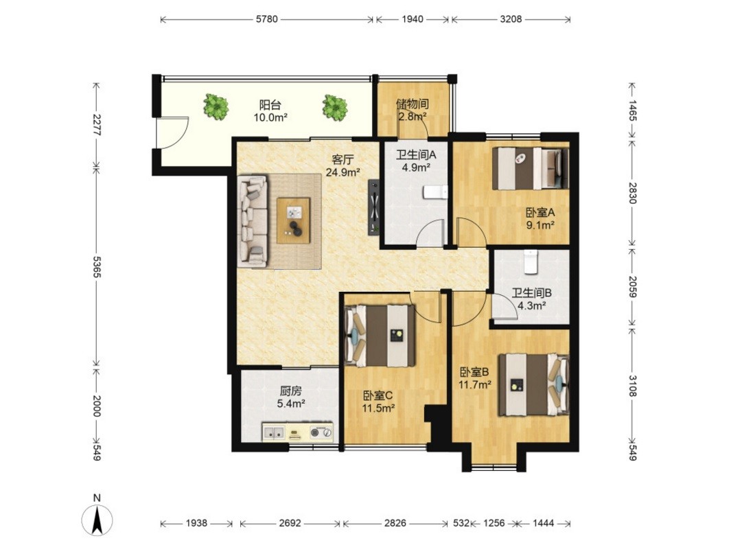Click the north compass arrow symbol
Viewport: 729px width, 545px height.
coord(97,519)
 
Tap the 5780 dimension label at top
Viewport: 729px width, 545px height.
coord(266,19)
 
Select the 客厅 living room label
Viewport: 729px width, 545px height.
coord(343,160)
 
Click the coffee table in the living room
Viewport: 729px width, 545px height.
coord(293,220)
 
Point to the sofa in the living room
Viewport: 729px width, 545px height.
coord(252,221)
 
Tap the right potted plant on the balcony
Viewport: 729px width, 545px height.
coord(335,107)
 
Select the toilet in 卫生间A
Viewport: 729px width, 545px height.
coord(435,192)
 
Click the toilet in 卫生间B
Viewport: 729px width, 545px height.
coord(531,262)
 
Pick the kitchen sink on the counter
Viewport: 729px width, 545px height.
coord(275,433)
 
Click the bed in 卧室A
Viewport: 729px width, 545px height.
coord(531,168)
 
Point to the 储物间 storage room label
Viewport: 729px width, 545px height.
coord(413,104)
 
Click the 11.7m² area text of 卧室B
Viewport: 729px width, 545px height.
coord(475,384)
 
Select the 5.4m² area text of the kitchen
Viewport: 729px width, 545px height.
coord(291,404)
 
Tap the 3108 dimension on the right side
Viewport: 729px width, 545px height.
coord(632,386)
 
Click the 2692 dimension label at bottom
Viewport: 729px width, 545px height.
coord(290,523)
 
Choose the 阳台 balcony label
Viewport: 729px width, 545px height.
coord(270,104)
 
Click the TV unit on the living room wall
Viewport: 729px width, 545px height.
coord(375,207)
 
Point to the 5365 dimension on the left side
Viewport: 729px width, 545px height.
coord(97,267)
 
